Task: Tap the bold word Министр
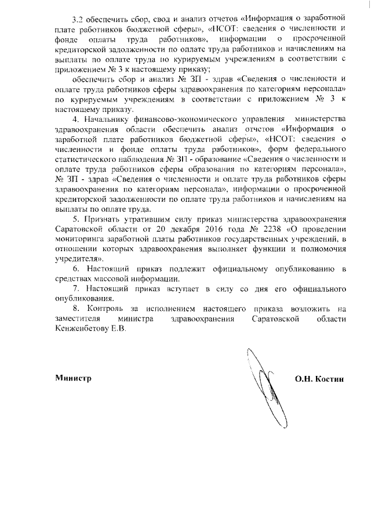[x=73, y=378]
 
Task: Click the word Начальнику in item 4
[x=108, y=119]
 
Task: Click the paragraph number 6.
[x=76, y=269]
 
